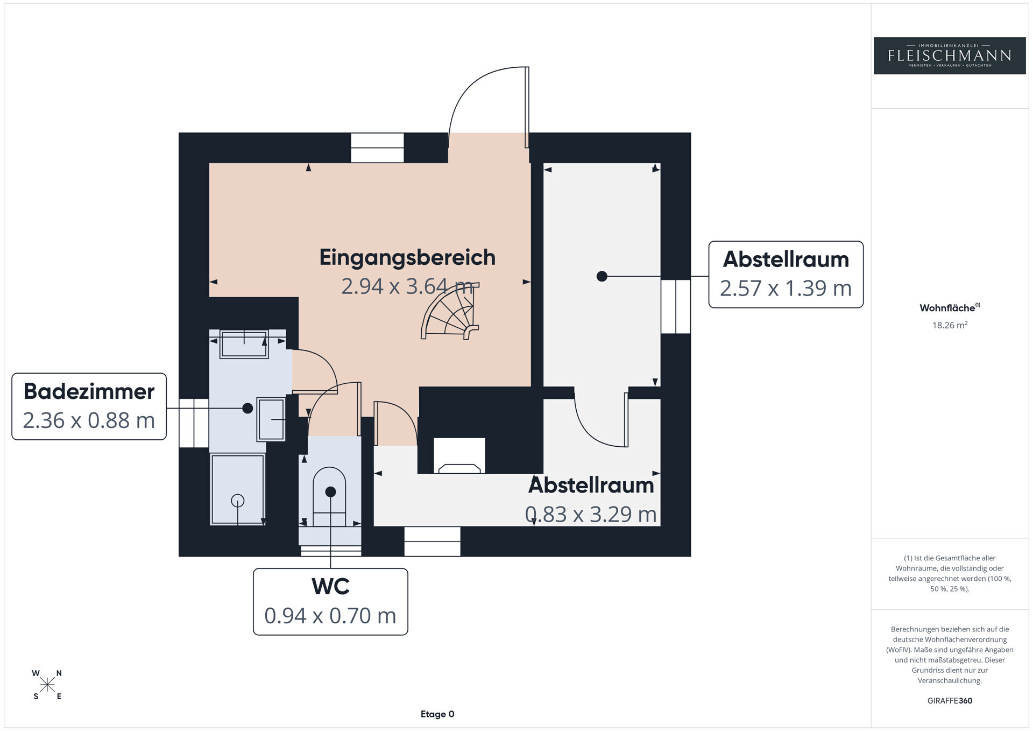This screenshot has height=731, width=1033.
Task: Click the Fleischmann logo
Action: (x=950, y=55)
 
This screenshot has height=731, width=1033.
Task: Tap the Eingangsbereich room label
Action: (x=407, y=257)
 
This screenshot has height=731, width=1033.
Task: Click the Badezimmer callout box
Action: (x=89, y=406)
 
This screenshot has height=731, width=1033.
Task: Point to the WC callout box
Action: (x=330, y=602)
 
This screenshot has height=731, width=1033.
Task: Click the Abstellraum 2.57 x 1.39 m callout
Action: (x=786, y=275)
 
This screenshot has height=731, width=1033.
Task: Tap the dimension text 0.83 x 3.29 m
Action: (x=591, y=514)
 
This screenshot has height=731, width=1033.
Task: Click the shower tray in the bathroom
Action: (x=237, y=489)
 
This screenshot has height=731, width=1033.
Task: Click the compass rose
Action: (x=47, y=685)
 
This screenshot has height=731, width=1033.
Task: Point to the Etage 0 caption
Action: (x=437, y=714)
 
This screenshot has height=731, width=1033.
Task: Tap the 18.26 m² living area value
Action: (x=950, y=325)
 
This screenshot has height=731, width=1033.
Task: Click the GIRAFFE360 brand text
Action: (x=950, y=701)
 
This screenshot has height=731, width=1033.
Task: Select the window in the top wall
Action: (x=377, y=148)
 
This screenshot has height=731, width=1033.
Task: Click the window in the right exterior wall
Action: (x=676, y=306)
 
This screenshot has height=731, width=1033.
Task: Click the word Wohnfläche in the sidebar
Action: (x=947, y=308)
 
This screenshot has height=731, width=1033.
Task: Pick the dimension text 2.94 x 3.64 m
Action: (x=407, y=286)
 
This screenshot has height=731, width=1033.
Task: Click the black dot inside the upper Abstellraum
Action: (x=602, y=276)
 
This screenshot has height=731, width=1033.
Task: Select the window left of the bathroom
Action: (x=194, y=423)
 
